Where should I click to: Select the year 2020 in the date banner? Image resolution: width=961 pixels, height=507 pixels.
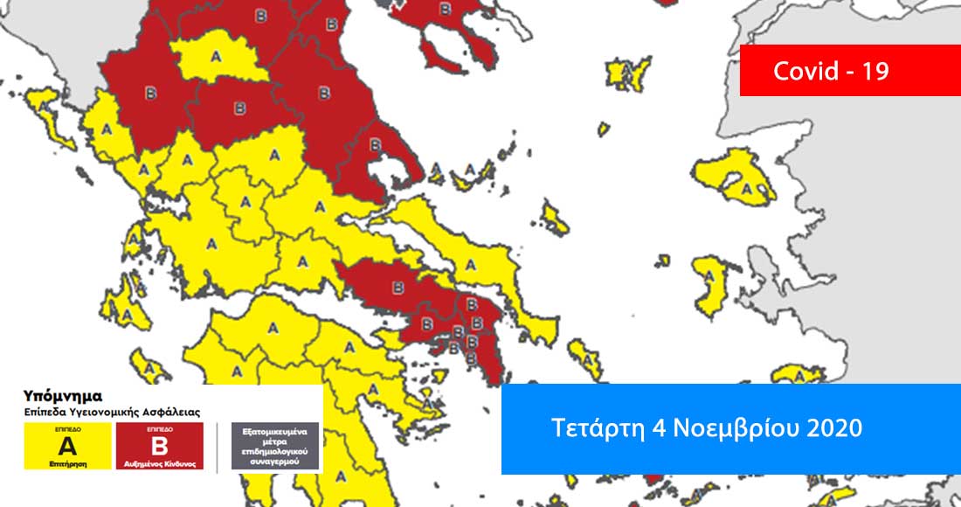[833, 428]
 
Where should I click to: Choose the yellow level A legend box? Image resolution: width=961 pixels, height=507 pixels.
[67, 447]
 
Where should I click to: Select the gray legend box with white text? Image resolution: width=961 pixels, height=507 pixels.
[275, 447]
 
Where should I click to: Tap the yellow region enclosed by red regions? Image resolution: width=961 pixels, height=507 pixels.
[213, 59]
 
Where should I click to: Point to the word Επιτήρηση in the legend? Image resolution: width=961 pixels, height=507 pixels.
[67, 464]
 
